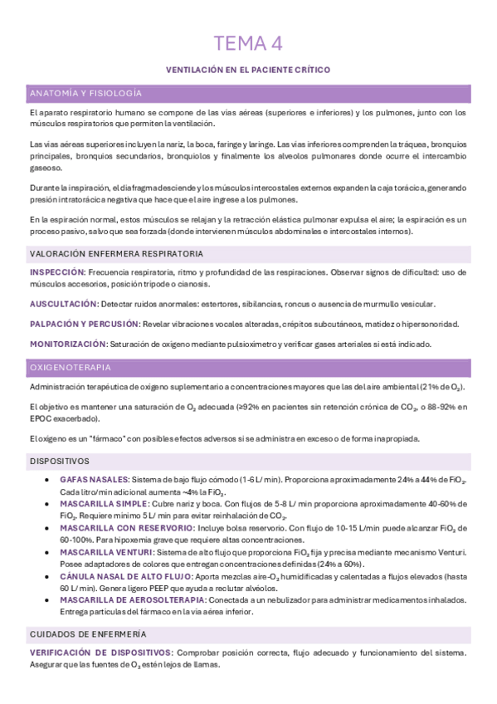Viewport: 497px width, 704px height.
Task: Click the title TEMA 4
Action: (248, 43)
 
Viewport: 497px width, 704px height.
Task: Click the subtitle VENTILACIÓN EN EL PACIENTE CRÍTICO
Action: (248, 71)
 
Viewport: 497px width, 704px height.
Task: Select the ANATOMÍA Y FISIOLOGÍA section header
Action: (85, 93)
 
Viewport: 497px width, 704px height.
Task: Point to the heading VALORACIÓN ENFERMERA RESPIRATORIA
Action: (115, 253)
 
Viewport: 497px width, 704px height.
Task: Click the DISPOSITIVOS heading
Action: (60, 460)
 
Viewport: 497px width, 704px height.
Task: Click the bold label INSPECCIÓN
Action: (56, 271)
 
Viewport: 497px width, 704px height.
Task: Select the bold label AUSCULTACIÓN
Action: (64, 304)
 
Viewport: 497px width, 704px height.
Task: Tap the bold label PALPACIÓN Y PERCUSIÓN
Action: (83, 323)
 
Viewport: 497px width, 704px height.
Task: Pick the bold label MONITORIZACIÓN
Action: (68, 343)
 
